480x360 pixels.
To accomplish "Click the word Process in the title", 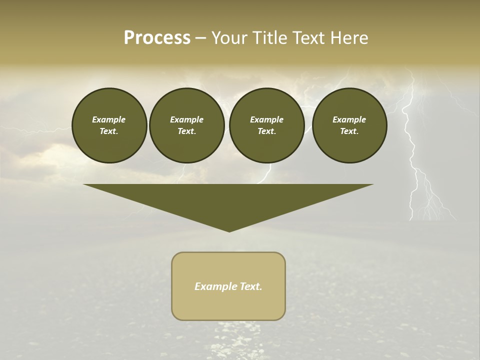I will point(157,38).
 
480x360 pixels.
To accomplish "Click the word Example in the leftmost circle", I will point(109,119).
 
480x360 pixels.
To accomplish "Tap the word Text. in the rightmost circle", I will point(349,131).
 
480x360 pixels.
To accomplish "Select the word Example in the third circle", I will point(266,119).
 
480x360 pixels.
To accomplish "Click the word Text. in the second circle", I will point(187,131).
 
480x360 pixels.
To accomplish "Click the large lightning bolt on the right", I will point(413,150).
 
